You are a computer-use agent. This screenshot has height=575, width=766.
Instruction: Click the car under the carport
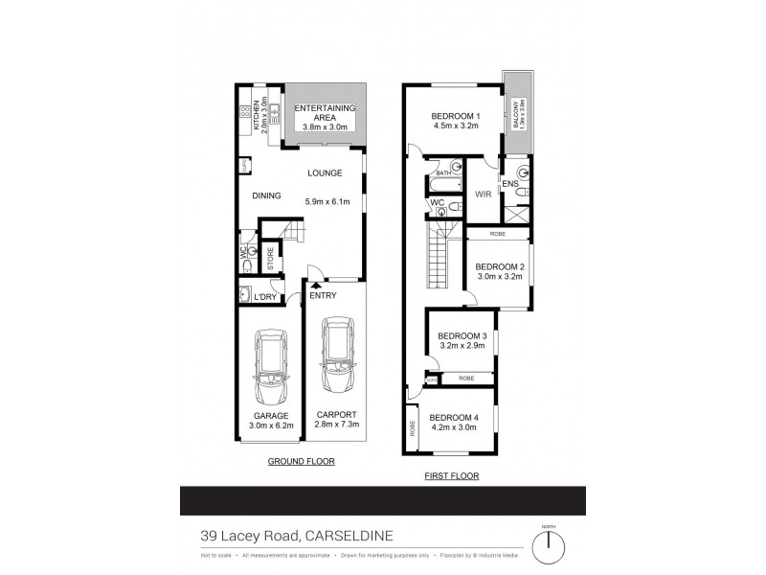337,356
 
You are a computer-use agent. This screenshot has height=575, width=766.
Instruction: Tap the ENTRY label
323,295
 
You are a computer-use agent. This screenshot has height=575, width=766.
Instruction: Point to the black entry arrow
314,285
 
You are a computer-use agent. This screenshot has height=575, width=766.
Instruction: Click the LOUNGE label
325,173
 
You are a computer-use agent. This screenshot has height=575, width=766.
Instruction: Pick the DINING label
266,195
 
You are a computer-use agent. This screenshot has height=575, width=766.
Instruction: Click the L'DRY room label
263,296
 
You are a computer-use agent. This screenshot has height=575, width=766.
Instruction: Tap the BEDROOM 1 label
455,116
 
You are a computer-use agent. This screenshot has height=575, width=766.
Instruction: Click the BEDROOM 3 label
462,335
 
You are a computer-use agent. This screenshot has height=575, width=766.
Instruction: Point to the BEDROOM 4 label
453,417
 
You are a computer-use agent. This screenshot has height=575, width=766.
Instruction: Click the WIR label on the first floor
483,193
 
